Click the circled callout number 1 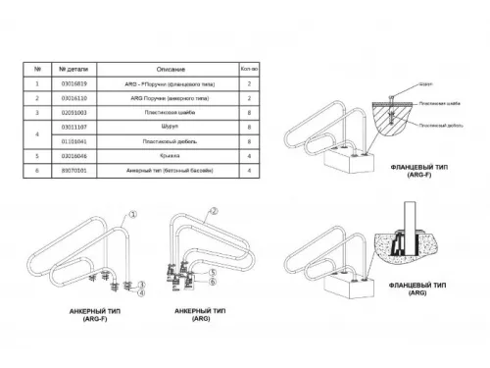tap(134, 212)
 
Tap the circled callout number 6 tap(212, 281)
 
